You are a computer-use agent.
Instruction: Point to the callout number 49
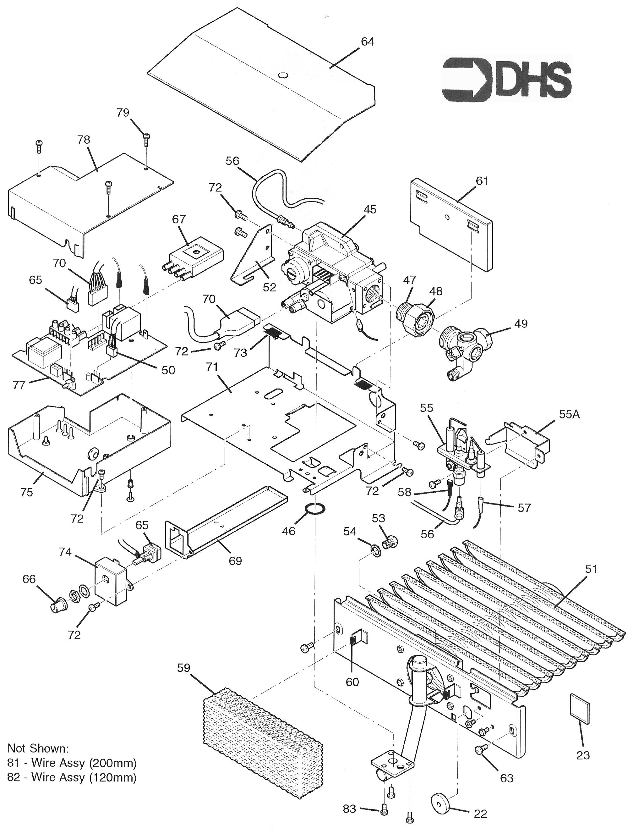pos(521,323)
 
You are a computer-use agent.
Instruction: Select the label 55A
pos(569,414)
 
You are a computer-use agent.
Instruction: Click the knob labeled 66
pos(58,606)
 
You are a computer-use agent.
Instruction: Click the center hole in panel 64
pos(282,75)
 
